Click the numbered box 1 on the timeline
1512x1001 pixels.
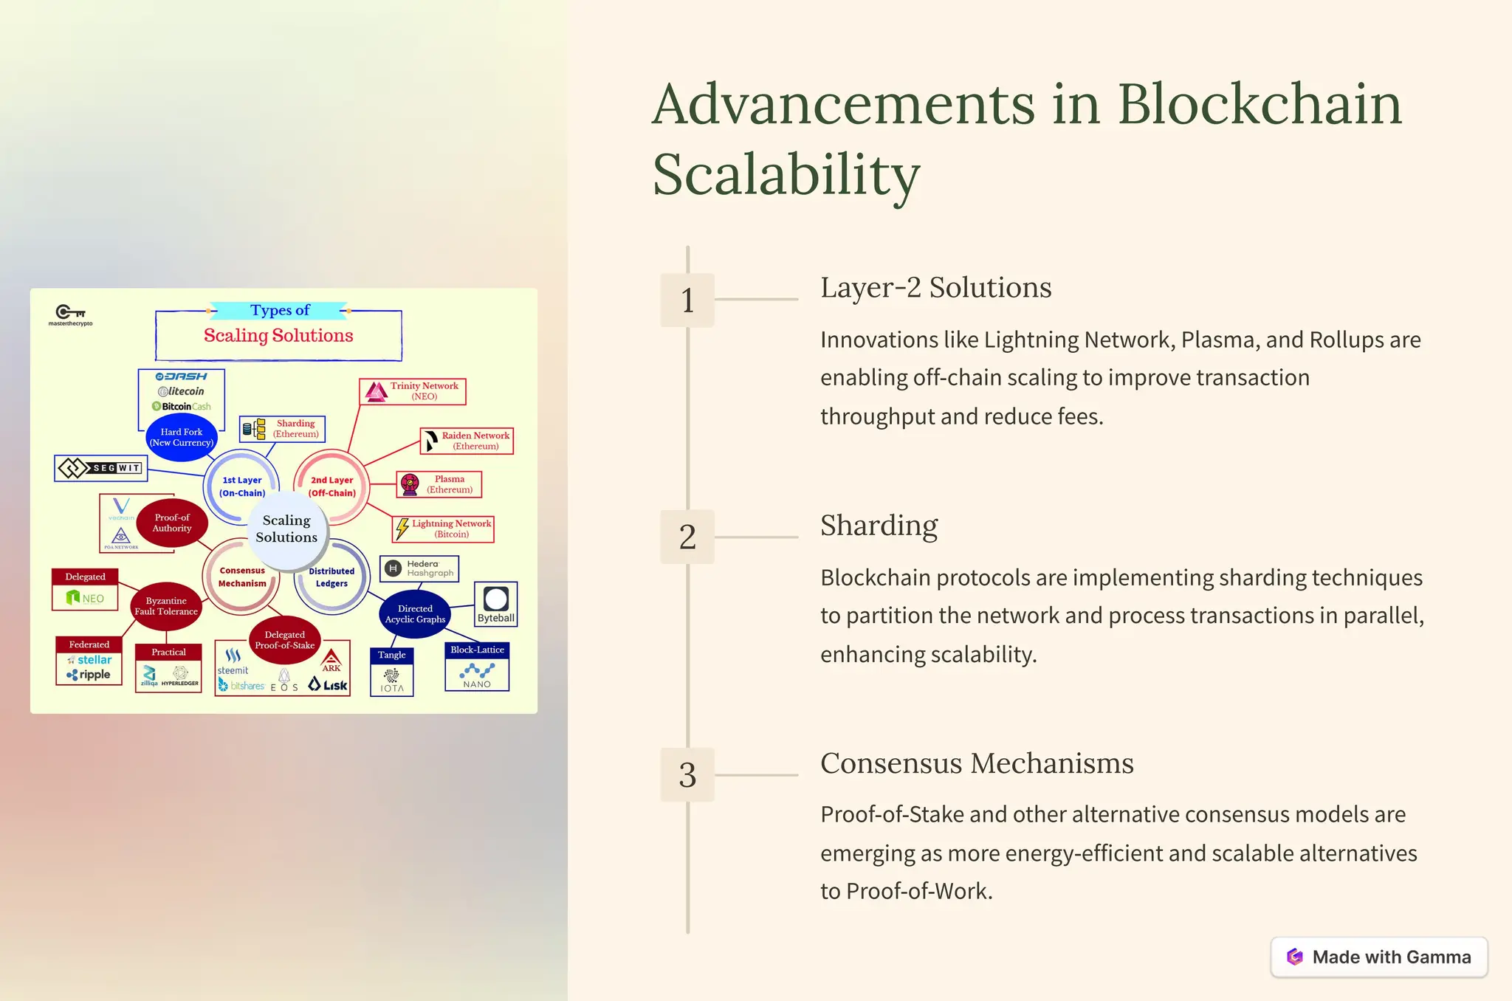click(687, 300)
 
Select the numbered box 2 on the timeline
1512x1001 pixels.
click(687, 537)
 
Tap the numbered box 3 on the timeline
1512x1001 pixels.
click(687, 774)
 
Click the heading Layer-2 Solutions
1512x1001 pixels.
click(935, 287)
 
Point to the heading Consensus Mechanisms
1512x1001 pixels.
click(976, 763)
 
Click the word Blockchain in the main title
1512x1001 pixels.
click(1259, 104)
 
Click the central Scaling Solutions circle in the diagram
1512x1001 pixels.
click(286, 529)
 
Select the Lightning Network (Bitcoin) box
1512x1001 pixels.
click(443, 529)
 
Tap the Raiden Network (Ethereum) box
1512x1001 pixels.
click(467, 441)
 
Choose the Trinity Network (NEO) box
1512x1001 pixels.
click(413, 391)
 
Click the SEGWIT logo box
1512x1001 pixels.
click(101, 468)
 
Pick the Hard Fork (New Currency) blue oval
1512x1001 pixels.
click(182, 437)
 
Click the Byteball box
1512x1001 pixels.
click(495, 605)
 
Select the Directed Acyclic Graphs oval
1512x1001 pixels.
click(415, 613)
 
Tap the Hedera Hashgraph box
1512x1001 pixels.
click(419, 568)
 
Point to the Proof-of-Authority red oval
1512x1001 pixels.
click(172, 523)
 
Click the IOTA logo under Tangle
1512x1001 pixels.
click(392, 680)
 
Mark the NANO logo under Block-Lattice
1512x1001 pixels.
click(477, 675)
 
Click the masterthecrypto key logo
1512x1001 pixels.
click(71, 314)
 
